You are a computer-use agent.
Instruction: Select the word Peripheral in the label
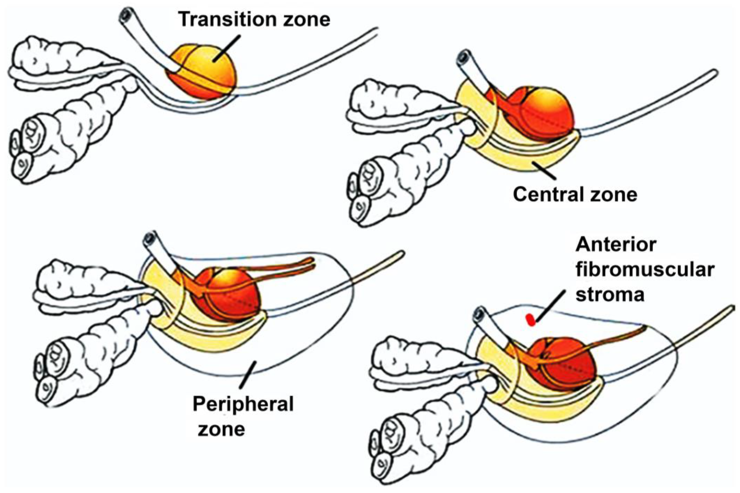pyautogui.click(x=243, y=404)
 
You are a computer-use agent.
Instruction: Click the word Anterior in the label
pyautogui.click(x=616, y=245)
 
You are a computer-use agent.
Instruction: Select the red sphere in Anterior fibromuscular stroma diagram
pyautogui.click(x=563, y=365)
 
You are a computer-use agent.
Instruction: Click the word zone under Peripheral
pyautogui.click(x=221, y=429)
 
